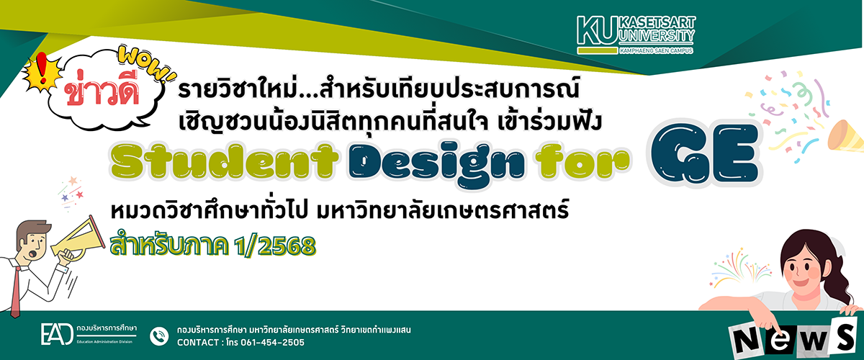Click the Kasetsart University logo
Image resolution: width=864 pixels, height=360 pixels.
pos(636,35)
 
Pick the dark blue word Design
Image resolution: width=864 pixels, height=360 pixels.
pos(436,165)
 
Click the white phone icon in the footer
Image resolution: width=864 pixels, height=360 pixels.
pos(159,336)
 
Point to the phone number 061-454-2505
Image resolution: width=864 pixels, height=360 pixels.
pos(273,342)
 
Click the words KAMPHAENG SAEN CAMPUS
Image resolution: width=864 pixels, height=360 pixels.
pos(656,51)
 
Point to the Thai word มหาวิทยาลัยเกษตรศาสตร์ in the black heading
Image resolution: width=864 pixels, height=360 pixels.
pos(442,212)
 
